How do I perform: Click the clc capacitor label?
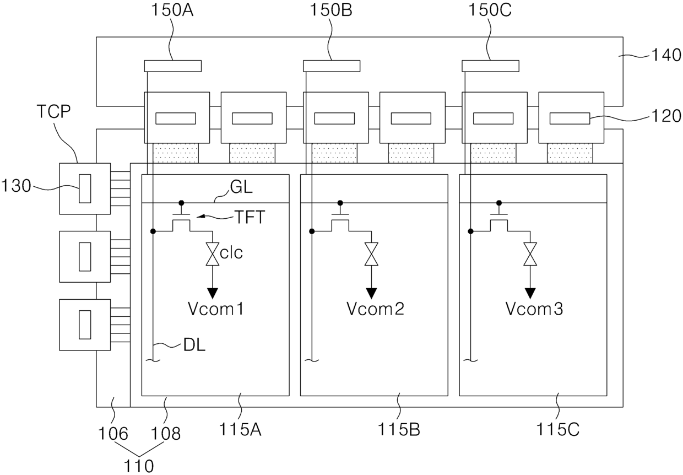click(231, 254)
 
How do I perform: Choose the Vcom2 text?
click(375, 309)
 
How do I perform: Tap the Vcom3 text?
click(534, 309)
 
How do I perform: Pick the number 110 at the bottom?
click(139, 466)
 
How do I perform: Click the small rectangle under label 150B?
click(332, 66)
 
